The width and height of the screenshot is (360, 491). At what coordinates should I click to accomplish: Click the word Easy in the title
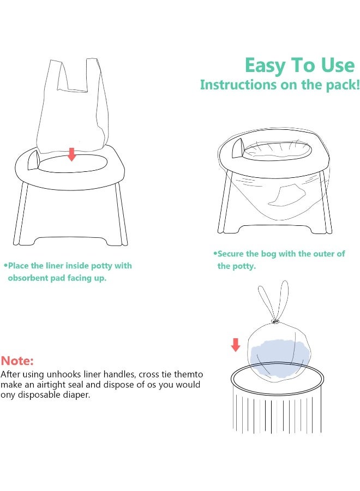tap(265, 66)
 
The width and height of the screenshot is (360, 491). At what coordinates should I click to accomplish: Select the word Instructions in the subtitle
tap(238, 85)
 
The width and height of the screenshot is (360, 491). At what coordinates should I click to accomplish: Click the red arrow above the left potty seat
tap(72, 154)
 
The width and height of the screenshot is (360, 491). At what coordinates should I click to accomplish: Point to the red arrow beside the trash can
tap(236, 345)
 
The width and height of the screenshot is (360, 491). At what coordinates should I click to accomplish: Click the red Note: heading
tap(17, 361)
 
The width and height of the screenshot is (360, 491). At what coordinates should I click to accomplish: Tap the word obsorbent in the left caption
tap(28, 278)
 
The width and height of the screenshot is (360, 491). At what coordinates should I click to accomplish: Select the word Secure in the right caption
tap(230, 254)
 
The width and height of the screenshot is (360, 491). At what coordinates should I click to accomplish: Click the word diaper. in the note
tap(76, 394)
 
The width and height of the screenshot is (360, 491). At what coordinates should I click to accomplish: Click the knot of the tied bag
tap(275, 321)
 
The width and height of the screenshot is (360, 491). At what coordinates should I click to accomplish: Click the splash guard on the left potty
tap(33, 160)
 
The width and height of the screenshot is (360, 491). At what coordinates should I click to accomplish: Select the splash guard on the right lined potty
tap(238, 148)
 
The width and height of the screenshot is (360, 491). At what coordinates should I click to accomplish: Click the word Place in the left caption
tap(18, 266)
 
